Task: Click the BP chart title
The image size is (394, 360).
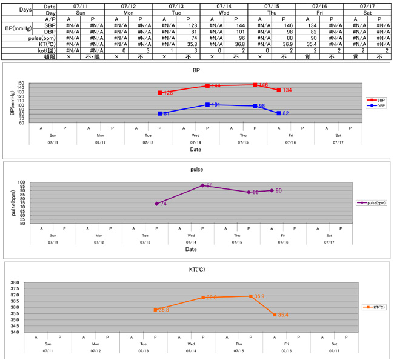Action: click(x=195, y=70)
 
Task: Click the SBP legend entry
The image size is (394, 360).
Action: click(x=375, y=99)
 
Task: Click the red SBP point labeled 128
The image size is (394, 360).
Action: click(x=160, y=93)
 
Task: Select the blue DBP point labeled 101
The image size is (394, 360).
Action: click(x=207, y=105)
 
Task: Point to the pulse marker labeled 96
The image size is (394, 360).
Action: click(x=202, y=185)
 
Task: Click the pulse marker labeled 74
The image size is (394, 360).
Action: click(x=156, y=204)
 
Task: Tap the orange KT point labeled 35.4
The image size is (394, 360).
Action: click(x=275, y=315)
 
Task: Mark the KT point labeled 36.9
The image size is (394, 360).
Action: click(x=250, y=296)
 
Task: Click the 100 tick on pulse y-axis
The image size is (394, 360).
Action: click(x=21, y=182)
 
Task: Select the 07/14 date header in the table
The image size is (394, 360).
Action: click(x=223, y=5)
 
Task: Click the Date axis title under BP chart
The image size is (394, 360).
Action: click(x=195, y=149)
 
